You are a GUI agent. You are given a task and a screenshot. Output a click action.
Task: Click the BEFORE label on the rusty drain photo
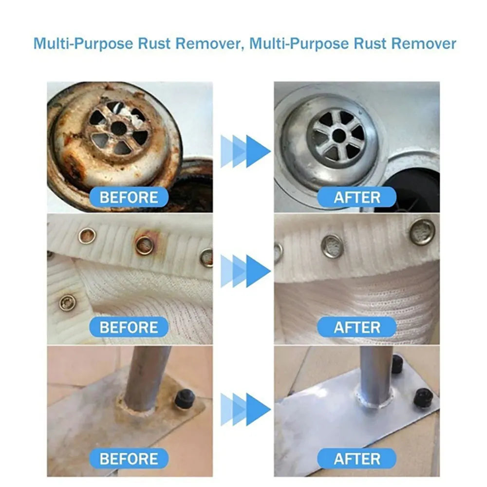129,198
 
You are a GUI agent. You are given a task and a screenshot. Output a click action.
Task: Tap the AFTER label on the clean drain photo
356,198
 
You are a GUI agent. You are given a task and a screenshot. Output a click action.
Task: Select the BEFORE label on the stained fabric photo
129,327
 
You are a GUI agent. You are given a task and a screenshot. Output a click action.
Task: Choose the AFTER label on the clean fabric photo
356,327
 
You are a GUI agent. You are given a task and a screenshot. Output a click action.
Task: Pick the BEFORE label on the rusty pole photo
129,458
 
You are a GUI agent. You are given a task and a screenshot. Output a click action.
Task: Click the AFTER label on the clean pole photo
356,458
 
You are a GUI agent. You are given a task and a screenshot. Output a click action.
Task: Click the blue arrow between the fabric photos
245,270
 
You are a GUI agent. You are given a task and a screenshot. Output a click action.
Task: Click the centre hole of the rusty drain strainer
118,128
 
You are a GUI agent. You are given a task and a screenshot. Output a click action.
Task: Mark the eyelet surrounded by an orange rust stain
145,245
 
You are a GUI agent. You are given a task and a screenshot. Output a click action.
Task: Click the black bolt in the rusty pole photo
185,399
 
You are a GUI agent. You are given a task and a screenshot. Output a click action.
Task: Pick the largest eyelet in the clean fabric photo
422,231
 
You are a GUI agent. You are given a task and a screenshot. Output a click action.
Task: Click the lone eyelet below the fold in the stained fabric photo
67,302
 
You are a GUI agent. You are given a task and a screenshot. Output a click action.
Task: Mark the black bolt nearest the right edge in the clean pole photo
423,397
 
